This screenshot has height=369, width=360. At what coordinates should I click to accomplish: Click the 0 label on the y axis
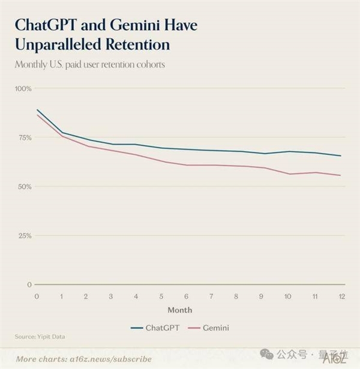pyautogui.click(x=29, y=284)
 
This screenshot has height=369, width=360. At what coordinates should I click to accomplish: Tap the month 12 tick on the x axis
pyautogui.click(x=341, y=297)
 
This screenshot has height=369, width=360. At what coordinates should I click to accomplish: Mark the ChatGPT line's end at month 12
pyautogui.click(x=341, y=156)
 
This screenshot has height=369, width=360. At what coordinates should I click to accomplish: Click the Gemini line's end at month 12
pyautogui.click(x=341, y=175)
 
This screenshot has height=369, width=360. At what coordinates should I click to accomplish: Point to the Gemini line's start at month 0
pyautogui.click(x=37, y=114)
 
